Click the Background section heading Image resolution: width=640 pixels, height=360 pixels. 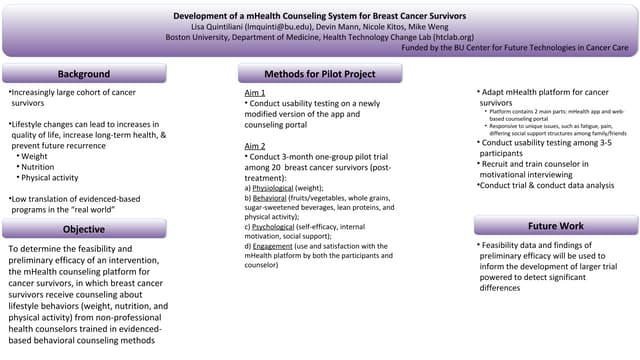pyautogui.click(x=83, y=74)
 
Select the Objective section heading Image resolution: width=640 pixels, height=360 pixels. pyautogui.click(x=83, y=229)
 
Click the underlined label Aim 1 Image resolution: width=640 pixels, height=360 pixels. pyautogui.click(x=254, y=93)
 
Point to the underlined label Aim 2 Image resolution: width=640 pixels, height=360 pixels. pyautogui.click(x=254, y=146)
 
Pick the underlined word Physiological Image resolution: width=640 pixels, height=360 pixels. pyautogui.click(x=274, y=187)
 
